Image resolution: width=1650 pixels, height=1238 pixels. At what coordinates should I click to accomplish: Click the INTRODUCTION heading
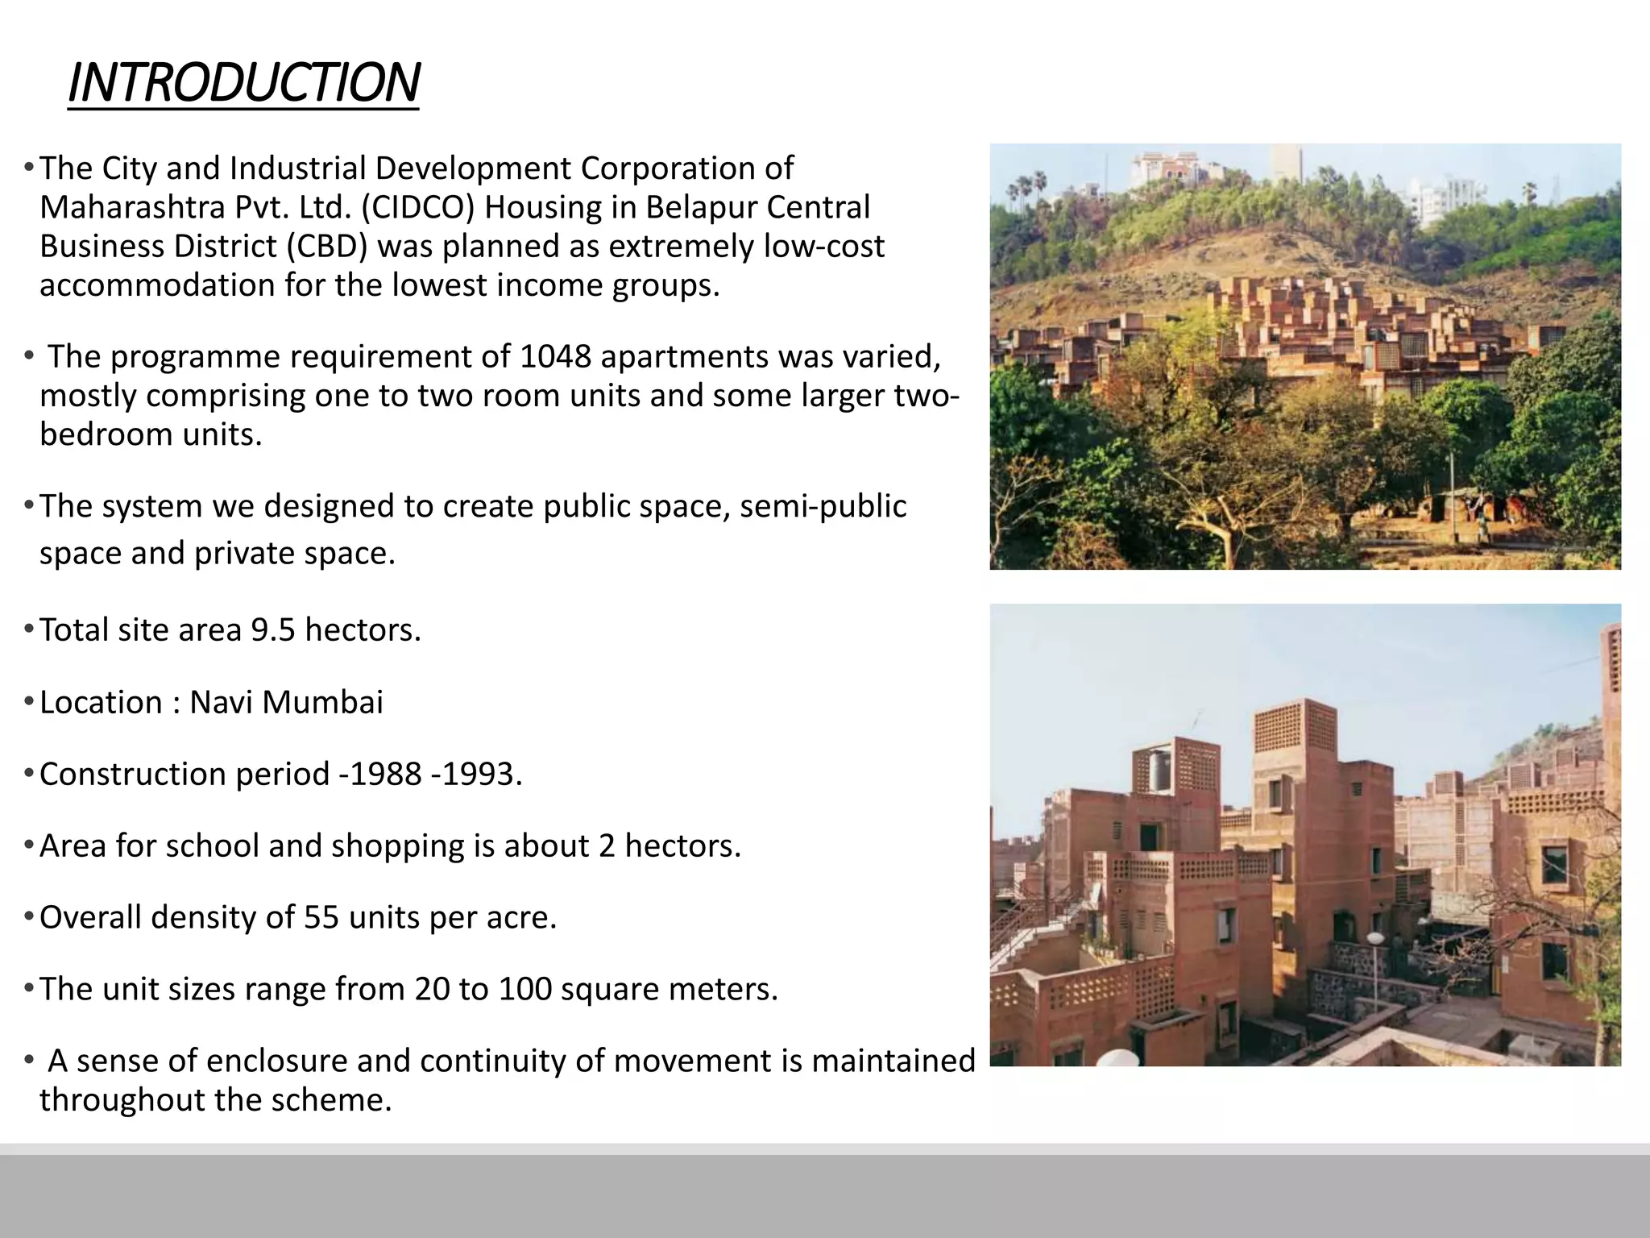pos(243,83)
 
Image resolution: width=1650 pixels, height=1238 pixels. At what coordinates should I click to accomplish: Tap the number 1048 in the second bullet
pos(555,356)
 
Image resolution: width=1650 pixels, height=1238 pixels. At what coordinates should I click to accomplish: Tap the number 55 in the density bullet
pos(321,918)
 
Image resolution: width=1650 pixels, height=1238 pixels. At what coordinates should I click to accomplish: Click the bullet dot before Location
pos(28,703)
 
